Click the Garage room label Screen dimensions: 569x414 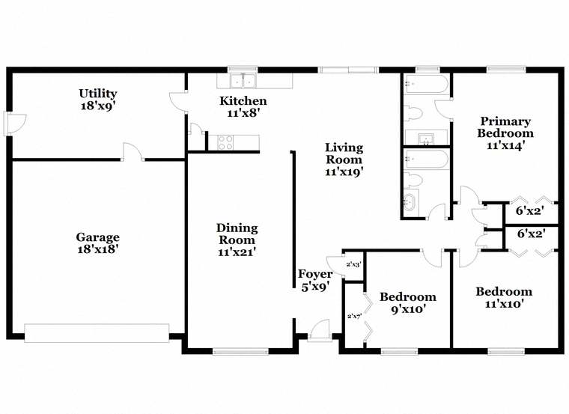(97, 243)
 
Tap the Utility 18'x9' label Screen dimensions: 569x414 (98, 100)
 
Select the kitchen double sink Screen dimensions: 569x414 (243, 81)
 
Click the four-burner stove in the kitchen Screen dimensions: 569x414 (225, 142)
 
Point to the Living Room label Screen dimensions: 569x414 (344, 159)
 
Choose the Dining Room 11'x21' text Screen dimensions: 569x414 (237, 240)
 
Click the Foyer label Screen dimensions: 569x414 (315, 280)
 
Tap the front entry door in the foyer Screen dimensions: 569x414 (320, 331)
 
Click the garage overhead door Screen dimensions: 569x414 (97, 332)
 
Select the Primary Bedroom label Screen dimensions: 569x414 (505, 133)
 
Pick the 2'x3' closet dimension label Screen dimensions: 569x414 (353, 264)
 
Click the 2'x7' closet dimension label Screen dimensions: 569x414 (355, 316)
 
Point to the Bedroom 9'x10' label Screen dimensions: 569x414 (408, 303)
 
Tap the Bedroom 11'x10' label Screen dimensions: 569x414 (504, 297)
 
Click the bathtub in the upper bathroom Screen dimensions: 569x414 (426, 85)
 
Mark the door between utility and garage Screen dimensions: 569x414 (133, 151)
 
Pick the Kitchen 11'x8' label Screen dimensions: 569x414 (243, 106)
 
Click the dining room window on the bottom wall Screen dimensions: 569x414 (240, 351)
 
